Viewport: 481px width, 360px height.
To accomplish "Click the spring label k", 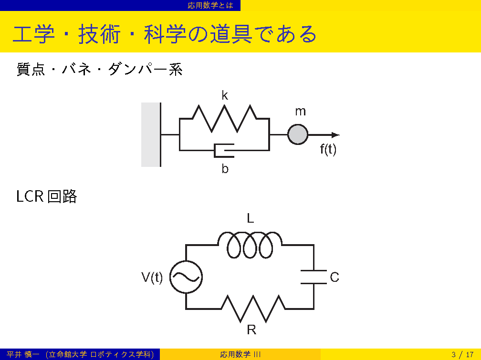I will pyautogui.click(x=225, y=96).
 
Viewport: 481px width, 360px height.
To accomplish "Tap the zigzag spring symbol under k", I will pyautogui.click(x=224, y=119).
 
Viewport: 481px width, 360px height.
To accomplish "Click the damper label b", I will pyautogui.click(x=225, y=169).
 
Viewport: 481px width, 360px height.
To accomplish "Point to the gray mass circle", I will pyautogui.click(x=298, y=134).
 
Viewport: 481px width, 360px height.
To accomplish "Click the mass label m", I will pyautogui.click(x=300, y=112).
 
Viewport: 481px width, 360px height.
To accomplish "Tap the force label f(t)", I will pyautogui.click(x=328, y=150).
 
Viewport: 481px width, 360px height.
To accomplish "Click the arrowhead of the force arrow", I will pyautogui.click(x=335, y=135).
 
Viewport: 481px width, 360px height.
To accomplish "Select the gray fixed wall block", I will pyautogui.click(x=150, y=134).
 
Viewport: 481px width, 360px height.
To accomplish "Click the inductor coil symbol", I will pyautogui.click(x=250, y=245).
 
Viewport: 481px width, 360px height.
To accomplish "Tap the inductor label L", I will pyautogui.click(x=250, y=218).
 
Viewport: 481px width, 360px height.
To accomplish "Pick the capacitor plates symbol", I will pyautogui.click(x=314, y=277).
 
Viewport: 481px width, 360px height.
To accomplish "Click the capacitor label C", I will pyautogui.click(x=335, y=277).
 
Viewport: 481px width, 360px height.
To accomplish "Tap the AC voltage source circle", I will pyautogui.click(x=186, y=277).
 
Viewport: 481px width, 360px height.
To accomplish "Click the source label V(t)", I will pyautogui.click(x=152, y=277).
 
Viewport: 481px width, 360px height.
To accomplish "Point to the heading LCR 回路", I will pyautogui.click(x=47, y=196).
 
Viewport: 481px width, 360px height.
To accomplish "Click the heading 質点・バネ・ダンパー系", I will pyautogui.click(x=100, y=70).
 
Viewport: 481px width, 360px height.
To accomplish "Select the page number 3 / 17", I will pyautogui.click(x=462, y=354).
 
